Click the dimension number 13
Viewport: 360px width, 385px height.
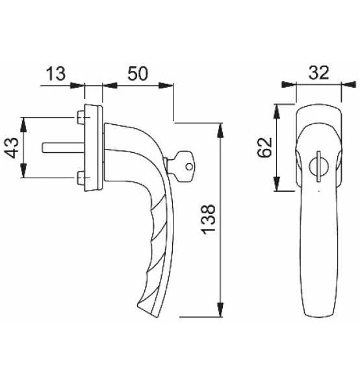57,74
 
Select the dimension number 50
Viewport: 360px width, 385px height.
136,74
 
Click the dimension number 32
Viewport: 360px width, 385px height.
318,73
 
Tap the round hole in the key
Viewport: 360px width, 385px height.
189,167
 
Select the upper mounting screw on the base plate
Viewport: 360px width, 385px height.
81,118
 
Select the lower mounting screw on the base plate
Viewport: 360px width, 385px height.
81,178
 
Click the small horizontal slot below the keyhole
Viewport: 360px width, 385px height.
317,192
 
